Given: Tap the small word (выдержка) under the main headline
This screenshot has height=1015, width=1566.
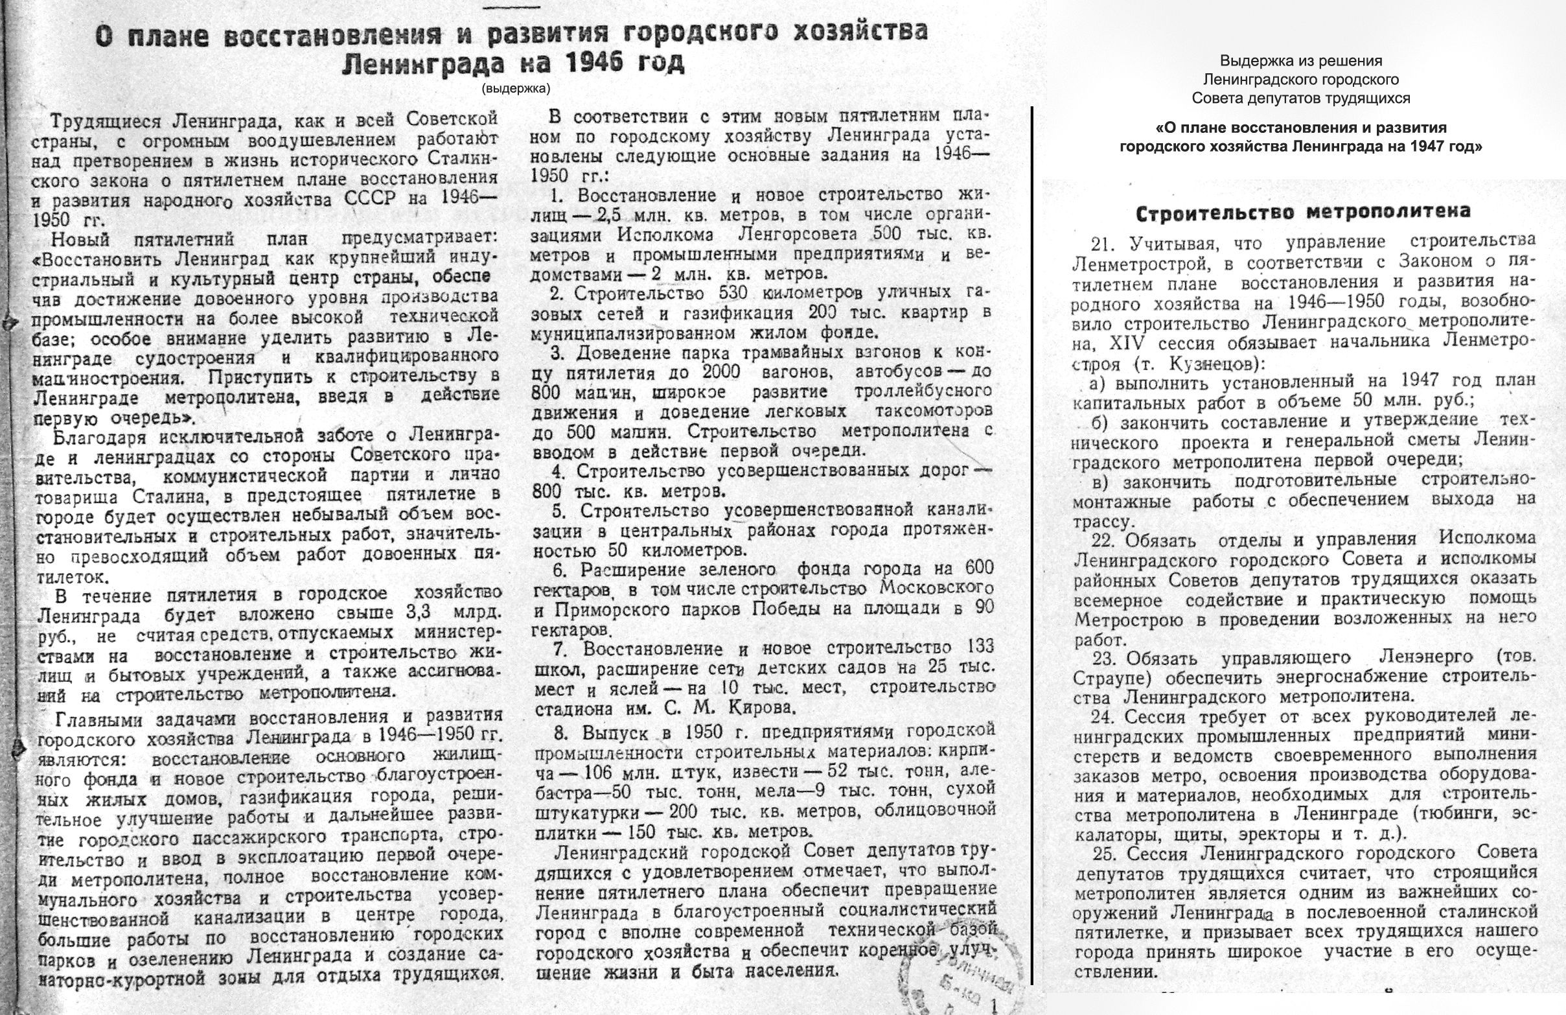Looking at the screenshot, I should point(516,87).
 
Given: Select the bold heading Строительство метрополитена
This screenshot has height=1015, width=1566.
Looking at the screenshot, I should point(1304,213).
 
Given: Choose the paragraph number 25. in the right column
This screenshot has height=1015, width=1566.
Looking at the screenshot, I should point(1105,854).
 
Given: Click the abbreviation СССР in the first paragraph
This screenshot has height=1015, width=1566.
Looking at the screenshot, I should point(373,200).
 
